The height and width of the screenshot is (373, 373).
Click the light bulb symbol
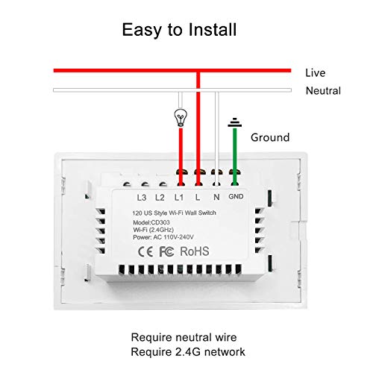click(x=181, y=118)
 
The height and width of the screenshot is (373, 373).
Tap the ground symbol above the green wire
click(x=234, y=122)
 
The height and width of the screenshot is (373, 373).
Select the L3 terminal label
click(x=142, y=198)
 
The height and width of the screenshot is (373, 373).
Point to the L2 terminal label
click(x=160, y=198)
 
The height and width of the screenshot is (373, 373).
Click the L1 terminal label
click(x=179, y=198)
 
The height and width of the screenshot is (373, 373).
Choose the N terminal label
click(x=216, y=197)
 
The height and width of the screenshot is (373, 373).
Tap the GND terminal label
click(x=236, y=196)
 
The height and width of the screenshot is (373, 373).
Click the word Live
click(x=316, y=73)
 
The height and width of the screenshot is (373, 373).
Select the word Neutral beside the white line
click(x=323, y=91)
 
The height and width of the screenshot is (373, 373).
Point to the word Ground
click(x=270, y=137)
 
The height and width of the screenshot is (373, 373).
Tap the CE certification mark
click(x=145, y=252)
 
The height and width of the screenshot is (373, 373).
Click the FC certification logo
click(x=166, y=251)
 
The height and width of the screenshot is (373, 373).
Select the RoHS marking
click(x=195, y=251)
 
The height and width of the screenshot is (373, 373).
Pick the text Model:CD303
click(x=151, y=222)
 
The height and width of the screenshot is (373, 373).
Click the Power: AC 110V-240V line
click(x=163, y=237)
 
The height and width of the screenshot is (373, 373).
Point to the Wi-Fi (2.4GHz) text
click(x=153, y=230)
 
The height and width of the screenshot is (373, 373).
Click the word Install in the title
click(x=212, y=30)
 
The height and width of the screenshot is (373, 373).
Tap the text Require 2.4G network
click(x=188, y=352)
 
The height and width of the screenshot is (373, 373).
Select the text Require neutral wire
click(x=184, y=337)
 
